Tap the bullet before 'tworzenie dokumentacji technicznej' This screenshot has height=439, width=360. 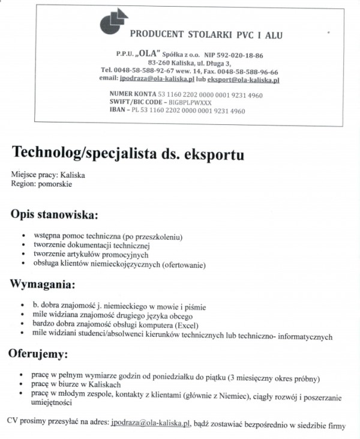pos(23,246)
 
